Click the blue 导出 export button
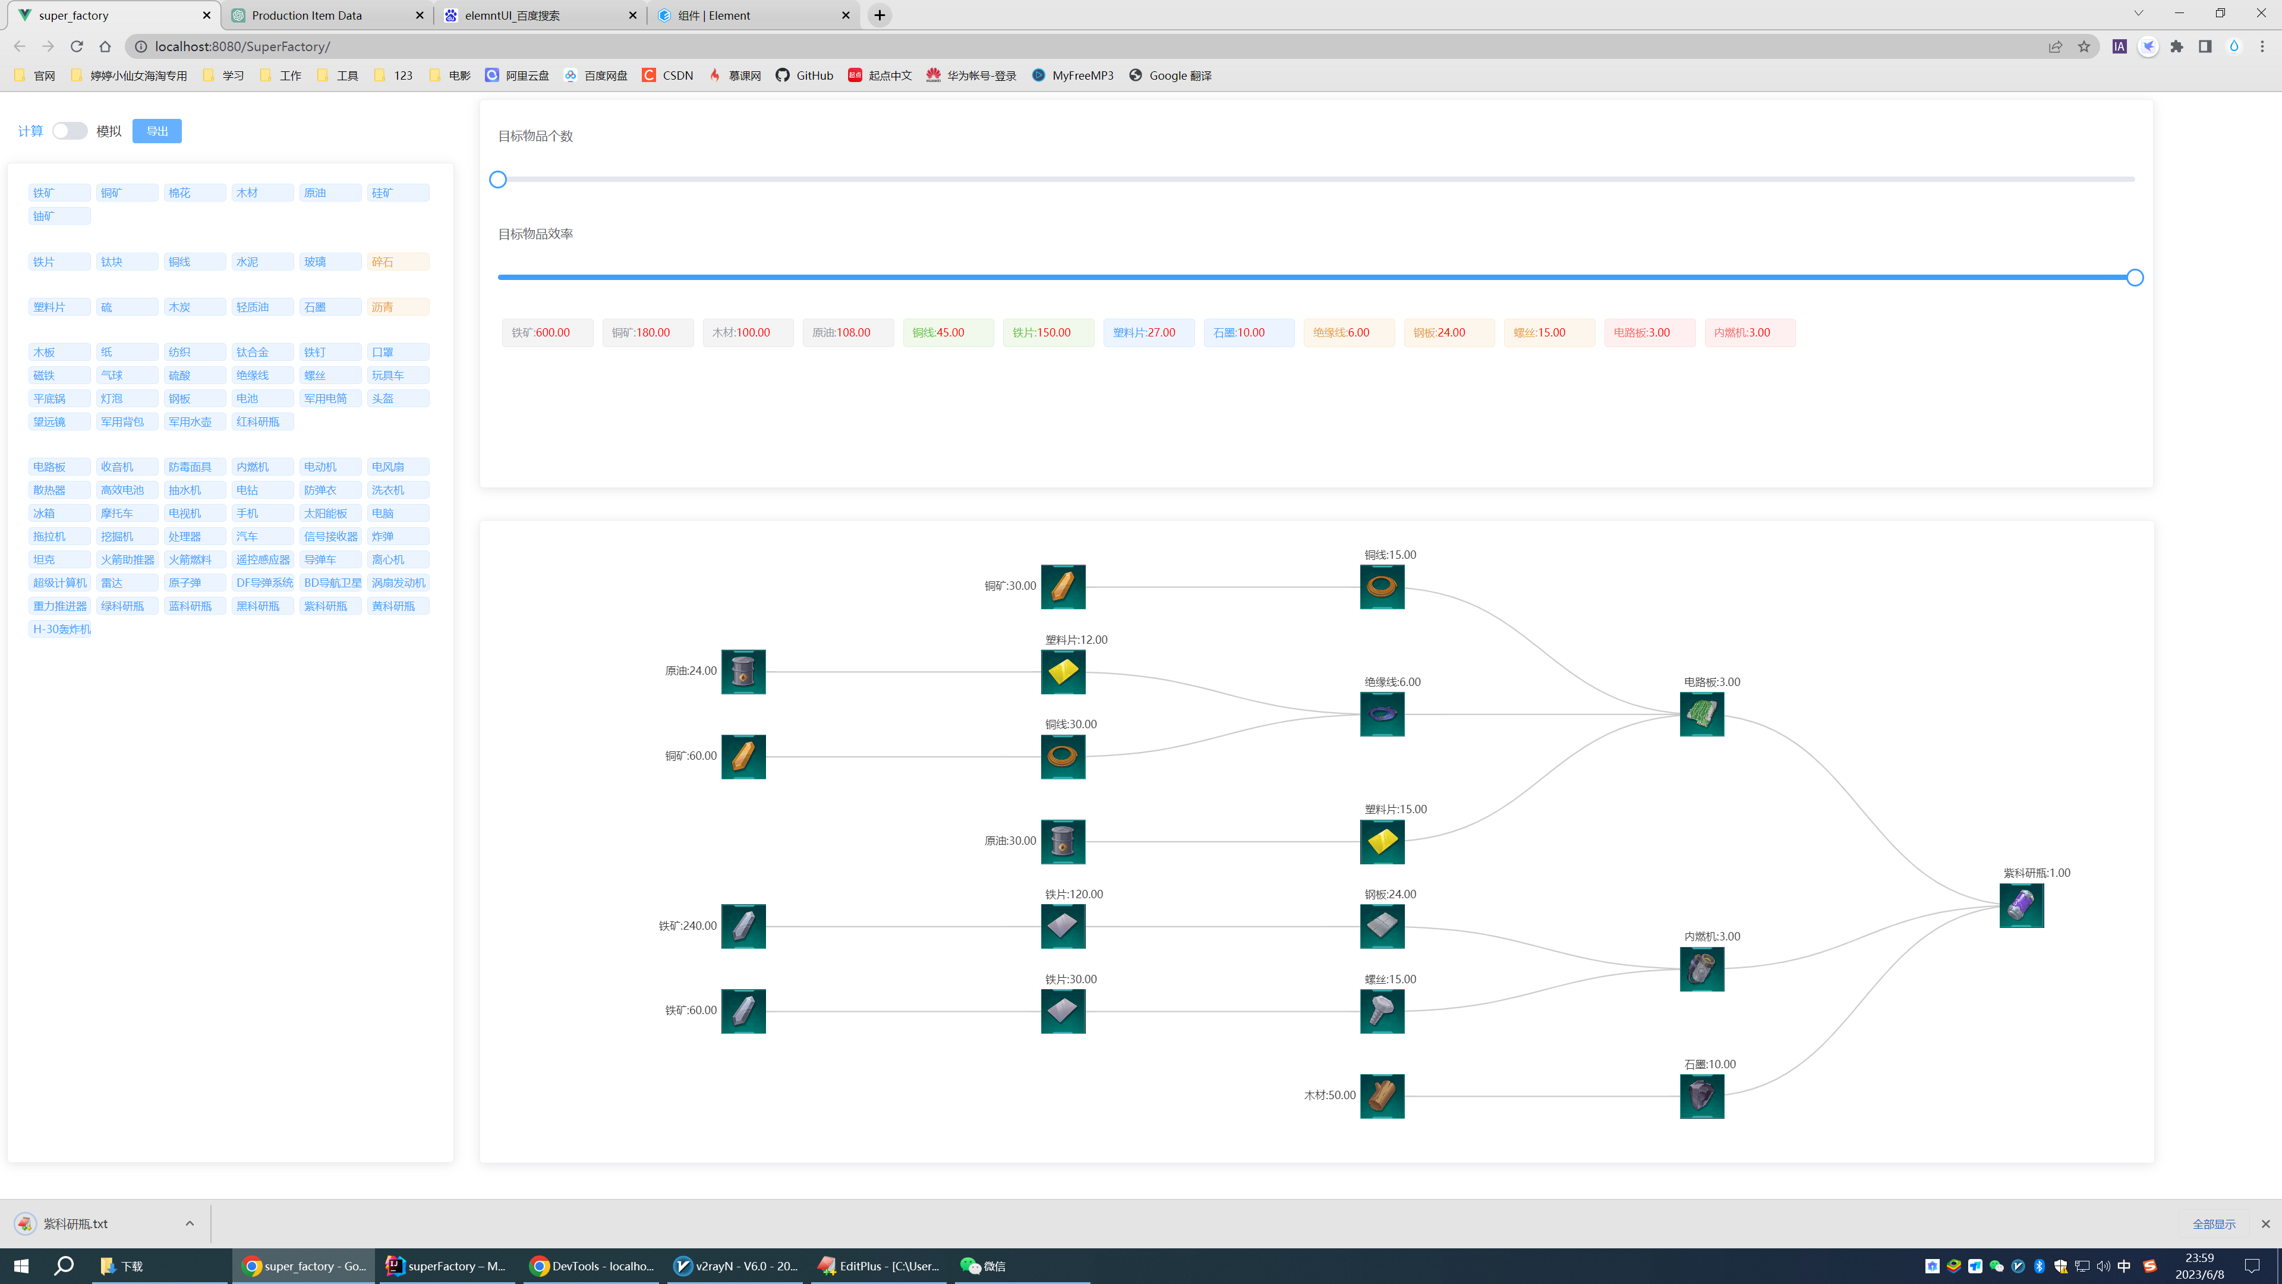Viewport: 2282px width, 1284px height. [157, 131]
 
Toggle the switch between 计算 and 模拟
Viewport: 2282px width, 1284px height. [69, 131]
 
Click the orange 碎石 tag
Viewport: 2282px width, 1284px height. [398, 262]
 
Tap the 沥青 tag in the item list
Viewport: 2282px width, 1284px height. [398, 307]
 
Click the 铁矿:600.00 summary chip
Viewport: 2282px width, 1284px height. [547, 332]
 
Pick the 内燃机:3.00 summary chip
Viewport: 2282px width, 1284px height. [1750, 332]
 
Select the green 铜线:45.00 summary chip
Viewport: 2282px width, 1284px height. [948, 332]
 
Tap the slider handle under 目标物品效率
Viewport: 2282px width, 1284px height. [2135, 278]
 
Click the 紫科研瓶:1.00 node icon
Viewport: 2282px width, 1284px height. [2022, 905]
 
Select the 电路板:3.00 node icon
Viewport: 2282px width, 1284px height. [1702, 714]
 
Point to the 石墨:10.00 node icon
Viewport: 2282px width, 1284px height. [1702, 1096]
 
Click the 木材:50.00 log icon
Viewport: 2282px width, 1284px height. [1382, 1096]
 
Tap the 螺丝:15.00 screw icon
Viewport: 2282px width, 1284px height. [1382, 1011]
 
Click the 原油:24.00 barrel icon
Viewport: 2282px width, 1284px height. [743, 672]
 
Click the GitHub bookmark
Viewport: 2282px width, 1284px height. [805, 75]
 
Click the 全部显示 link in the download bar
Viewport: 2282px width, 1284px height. [2214, 1224]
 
